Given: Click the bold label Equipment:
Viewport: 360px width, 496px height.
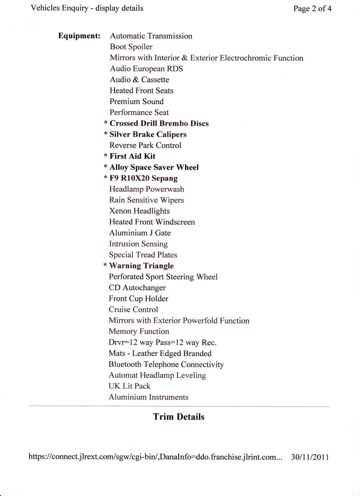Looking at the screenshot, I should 79,36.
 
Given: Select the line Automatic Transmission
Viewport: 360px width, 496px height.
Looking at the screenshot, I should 151,36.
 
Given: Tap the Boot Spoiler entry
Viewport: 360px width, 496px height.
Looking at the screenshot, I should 131,47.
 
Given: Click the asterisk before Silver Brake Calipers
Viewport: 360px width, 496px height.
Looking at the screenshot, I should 106,135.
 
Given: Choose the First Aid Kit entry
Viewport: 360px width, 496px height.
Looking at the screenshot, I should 132,156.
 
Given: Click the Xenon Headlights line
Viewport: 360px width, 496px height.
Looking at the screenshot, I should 139,211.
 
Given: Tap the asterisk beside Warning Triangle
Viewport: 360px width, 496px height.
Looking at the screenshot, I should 105,266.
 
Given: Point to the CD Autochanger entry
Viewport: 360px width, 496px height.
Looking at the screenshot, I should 137,288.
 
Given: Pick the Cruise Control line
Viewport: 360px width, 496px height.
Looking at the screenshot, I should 133,309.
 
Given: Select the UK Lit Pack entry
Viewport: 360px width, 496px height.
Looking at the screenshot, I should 129,386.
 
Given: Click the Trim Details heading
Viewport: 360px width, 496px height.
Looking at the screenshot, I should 179,417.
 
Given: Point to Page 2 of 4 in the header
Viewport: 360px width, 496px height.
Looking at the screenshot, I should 312,9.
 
